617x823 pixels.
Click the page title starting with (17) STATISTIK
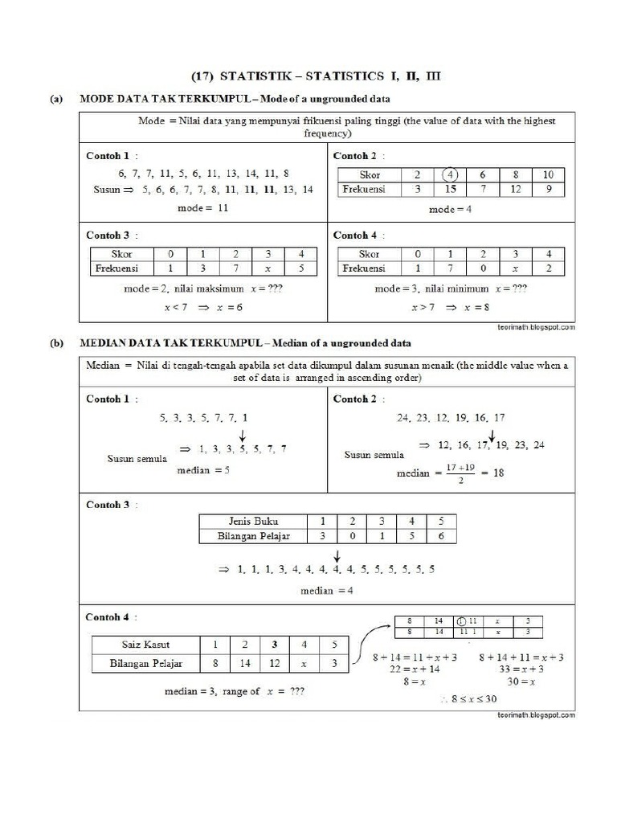click(316, 77)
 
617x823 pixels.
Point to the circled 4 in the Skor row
click(451, 175)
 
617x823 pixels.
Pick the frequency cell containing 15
click(451, 190)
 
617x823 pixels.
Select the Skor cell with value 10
click(548, 175)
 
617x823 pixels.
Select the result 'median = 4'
click(327, 590)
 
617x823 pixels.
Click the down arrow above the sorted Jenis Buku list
click(337, 555)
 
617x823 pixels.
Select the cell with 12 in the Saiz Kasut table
click(275, 664)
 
